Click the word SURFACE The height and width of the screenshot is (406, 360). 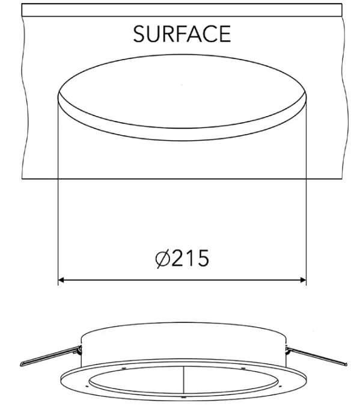(x=182, y=34)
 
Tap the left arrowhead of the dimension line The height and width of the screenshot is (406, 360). (x=62, y=280)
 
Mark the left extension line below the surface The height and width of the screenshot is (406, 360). (x=58, y=229)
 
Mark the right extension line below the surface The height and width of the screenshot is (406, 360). (x=307, y=229)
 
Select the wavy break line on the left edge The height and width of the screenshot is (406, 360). (x=23, y=96)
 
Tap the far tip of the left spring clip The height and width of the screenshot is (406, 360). (x=22, y=364)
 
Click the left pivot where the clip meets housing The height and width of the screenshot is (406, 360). (x=79, y=348)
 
